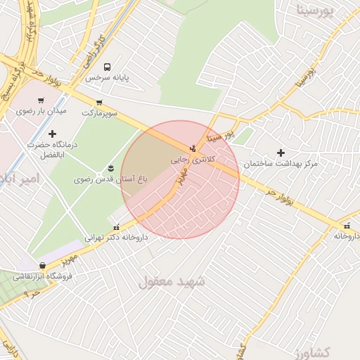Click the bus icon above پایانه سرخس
(x=107, y=67)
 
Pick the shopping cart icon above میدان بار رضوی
(x=41, y=101)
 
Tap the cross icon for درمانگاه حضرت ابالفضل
(x=52, y=133)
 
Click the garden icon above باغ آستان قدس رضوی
(x=110, y=167)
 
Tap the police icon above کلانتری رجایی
(x=193, y=148)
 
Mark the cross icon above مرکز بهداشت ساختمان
(x=281, y=153)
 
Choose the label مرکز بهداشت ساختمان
(x=281, y=163)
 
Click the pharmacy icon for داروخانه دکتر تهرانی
(x=116, y=227)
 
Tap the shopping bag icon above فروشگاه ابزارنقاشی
(x=44, y=266)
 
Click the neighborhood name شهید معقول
(x=172, y=281)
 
